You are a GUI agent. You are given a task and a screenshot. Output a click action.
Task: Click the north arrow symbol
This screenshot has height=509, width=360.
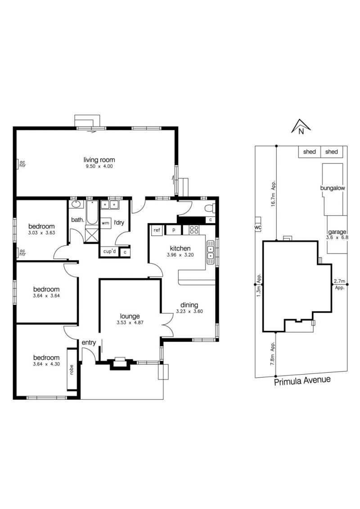click(301, 127)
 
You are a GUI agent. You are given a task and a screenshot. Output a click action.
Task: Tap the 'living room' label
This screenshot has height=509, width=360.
click(99, 160)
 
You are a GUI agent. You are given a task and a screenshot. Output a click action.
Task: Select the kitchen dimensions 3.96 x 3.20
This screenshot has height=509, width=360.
click(180, 255)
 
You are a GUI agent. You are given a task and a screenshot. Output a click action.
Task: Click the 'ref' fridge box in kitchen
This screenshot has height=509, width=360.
click(157, 230)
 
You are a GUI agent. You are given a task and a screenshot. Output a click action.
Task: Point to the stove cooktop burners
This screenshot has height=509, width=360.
click(194, 230)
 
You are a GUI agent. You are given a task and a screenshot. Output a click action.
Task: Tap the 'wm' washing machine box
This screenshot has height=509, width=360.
click(106, 223)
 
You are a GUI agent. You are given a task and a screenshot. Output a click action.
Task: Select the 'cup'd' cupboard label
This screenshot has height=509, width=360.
click(109, 251)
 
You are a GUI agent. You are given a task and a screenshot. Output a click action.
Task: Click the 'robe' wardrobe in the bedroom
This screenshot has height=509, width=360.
click(72, 370)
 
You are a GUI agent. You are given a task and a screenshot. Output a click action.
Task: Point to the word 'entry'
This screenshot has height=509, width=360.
click(89, 343)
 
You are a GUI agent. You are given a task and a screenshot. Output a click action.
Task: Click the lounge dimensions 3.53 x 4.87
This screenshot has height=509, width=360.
click(130, 323)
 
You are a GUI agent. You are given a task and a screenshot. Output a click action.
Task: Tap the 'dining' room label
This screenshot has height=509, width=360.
click(189, 305)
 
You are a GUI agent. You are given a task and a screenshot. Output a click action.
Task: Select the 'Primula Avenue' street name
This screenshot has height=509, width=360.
click(302, 380)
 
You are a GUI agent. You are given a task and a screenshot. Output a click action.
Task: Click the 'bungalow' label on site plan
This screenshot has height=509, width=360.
click(333, 188)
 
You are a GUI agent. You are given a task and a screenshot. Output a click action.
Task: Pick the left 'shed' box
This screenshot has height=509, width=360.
click(309, 152)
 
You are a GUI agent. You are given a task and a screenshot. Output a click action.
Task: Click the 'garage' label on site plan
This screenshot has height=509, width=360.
click(337, 232)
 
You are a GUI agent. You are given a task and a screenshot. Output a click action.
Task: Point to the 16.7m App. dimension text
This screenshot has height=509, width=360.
click(274, 193)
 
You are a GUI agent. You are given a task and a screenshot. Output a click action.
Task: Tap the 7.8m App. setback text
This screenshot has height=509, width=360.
click(273, 354)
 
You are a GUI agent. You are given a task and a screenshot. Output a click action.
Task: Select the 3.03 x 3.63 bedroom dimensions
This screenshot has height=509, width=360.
click(41, 233)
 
